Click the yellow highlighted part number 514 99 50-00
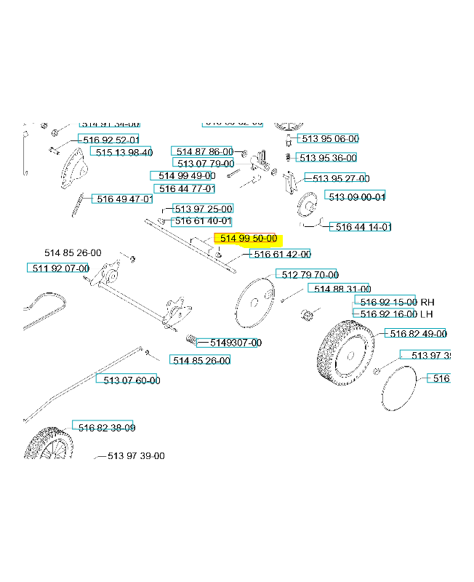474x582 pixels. point(247,239)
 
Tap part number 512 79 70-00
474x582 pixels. point(310,274)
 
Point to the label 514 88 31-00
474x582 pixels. point(340,289)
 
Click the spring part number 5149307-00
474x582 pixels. point(235,343)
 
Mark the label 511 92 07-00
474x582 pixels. point(58,268)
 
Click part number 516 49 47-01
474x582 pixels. point(122,199)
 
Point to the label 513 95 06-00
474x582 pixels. point(329,138)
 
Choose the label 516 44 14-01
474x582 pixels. point(361,227)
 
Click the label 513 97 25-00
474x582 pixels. point(202,209)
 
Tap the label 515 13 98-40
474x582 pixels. point(121,152)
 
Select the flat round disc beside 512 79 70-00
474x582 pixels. point(255,303)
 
